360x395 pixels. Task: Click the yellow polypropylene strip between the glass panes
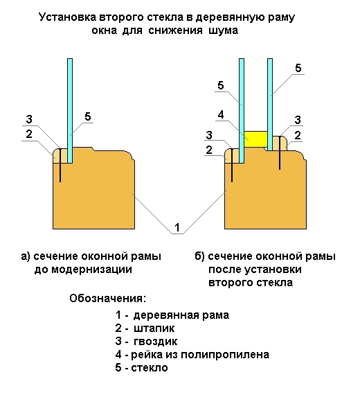[255, 139]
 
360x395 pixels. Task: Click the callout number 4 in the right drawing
[221, 115]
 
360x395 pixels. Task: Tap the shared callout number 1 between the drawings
[177, 227]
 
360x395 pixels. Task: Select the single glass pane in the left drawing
[70, 111]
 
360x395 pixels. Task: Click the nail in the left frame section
[60, 165]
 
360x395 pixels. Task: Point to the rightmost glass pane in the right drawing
[270, 105]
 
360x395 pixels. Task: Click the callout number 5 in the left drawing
[88, 116]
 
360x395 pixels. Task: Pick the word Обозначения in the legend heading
[107, 299]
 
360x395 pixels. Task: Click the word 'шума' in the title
[223, 30]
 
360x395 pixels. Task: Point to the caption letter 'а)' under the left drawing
[26, 256]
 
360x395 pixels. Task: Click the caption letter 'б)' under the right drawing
[199, 256]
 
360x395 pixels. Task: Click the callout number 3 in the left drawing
[29, 119]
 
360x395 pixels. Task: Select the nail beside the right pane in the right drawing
[280, 152]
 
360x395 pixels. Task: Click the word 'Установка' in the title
[67, 17]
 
